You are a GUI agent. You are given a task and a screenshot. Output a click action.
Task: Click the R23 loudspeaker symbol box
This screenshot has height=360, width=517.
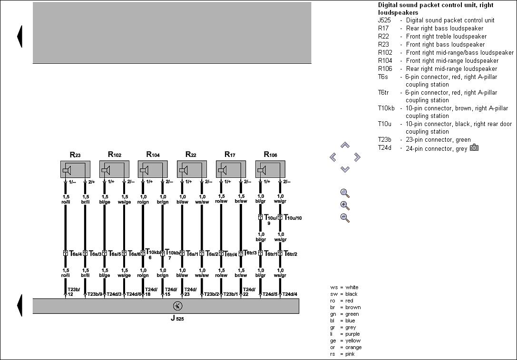click(75, 169)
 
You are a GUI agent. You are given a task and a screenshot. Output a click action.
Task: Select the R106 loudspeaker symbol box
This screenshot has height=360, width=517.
click(270, 169)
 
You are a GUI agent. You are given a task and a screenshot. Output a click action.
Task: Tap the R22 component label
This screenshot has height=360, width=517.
click(190, 155)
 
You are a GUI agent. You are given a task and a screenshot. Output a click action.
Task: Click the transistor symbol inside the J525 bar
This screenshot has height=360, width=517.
click(177, 306)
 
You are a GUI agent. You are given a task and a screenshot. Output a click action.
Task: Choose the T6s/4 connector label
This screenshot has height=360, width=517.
click(76, 253)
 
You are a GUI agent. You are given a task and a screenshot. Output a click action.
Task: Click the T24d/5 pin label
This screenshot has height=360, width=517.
click(269, 294)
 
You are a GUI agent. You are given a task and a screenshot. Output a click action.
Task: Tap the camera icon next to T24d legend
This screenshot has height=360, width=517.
click(474, 148)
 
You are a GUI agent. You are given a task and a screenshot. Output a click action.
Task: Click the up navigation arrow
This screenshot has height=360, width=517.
click(345, 145)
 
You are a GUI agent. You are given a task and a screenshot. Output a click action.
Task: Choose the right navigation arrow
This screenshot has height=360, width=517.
click(357, 157)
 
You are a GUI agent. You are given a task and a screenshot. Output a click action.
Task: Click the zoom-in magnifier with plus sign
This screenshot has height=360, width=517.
click(345, 205)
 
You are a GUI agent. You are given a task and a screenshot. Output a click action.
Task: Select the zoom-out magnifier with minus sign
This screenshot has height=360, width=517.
click(345, 218)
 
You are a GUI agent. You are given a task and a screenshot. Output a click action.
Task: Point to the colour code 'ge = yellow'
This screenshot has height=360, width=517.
click(345, 341)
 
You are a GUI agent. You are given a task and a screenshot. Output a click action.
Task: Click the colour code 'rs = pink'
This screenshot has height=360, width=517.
click(342, 354)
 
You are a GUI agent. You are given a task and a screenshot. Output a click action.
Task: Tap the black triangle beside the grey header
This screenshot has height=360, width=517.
click(20, 36)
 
